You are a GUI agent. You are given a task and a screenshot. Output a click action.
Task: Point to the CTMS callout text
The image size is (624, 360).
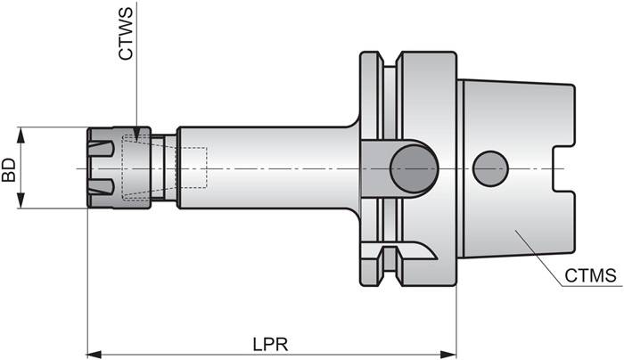(590, 276)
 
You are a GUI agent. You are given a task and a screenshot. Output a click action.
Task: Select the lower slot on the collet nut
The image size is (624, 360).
(102, 188)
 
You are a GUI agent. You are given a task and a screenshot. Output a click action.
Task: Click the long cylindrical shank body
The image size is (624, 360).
(267, 168)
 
